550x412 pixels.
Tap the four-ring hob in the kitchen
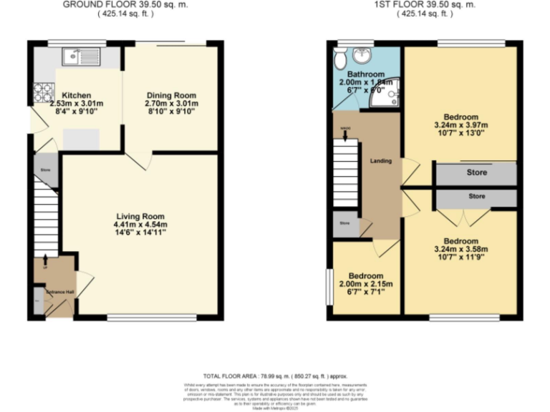pyautogui.click(x=42, y=92)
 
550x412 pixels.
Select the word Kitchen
pyautogui.click(x=75, y=96)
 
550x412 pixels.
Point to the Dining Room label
pyautogui.click(x=171, y=96)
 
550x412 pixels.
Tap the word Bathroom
pyautogui.click(x=366, y=74)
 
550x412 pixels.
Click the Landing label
pyautogui.click(x=380, y=161)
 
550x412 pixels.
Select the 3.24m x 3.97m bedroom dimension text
pyautogui.click(x=460, y=126)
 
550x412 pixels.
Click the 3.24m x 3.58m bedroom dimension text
pyautogui.click(x=460, y=250)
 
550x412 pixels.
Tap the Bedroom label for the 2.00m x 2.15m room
pyautogui.click(x=365, y=276)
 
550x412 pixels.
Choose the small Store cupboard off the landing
pyautogui.click(x=345, y=224)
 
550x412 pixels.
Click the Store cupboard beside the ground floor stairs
pyautogui.click(x=44, y=170)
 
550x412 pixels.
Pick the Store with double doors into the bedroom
pyautogui.click(x=476, y=196)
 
